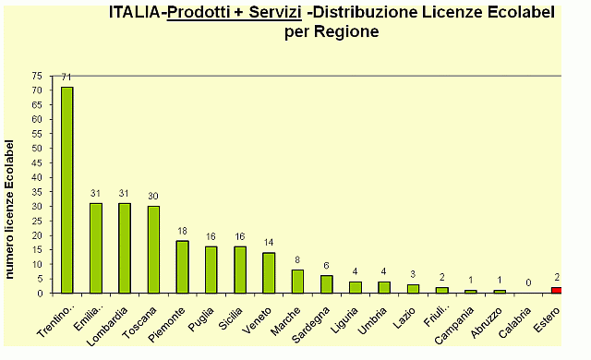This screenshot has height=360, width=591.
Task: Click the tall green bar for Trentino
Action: [x=67, y=189]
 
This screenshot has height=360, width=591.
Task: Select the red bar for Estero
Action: [x=556, y=290]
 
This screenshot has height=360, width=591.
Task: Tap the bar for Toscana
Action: [x=153, y=249]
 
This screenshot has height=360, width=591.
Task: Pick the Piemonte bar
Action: [x=182, y=267]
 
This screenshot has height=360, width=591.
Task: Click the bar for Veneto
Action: [x=269, y=272]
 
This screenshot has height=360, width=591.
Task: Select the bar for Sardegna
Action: [x=326, y=284]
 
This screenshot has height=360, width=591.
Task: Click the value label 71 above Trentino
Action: [x=66, y=78]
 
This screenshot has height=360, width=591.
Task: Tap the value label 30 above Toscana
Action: [x=153, y=197]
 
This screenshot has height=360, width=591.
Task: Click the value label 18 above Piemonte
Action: [x=182, y=232]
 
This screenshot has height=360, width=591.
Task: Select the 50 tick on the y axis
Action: [x=36, y=148]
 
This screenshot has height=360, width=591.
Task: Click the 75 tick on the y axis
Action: [x=36, y=76]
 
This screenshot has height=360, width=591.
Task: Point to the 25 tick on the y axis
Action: [x=36, y=221]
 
